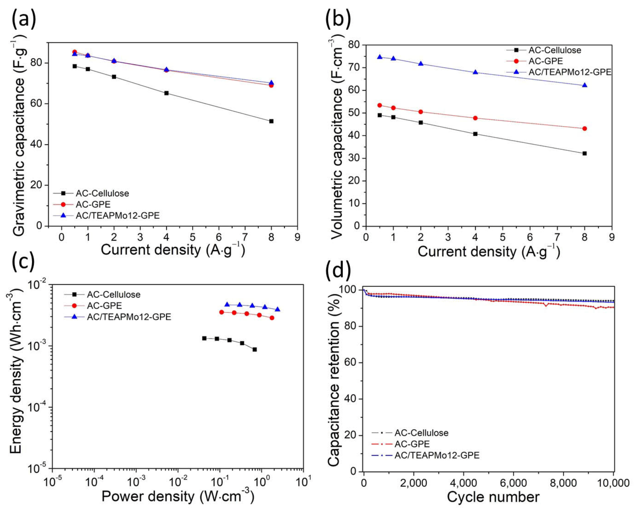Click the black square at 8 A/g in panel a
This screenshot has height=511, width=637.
coord(271,121)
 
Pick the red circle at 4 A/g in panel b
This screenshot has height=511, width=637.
coord(475,118)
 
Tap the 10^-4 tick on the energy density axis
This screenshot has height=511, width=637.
coord(38,407)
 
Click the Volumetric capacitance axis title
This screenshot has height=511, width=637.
coord(337,139)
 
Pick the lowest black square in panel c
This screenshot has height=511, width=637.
coord(254,349)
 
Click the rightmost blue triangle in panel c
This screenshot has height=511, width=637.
coord(277,309)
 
